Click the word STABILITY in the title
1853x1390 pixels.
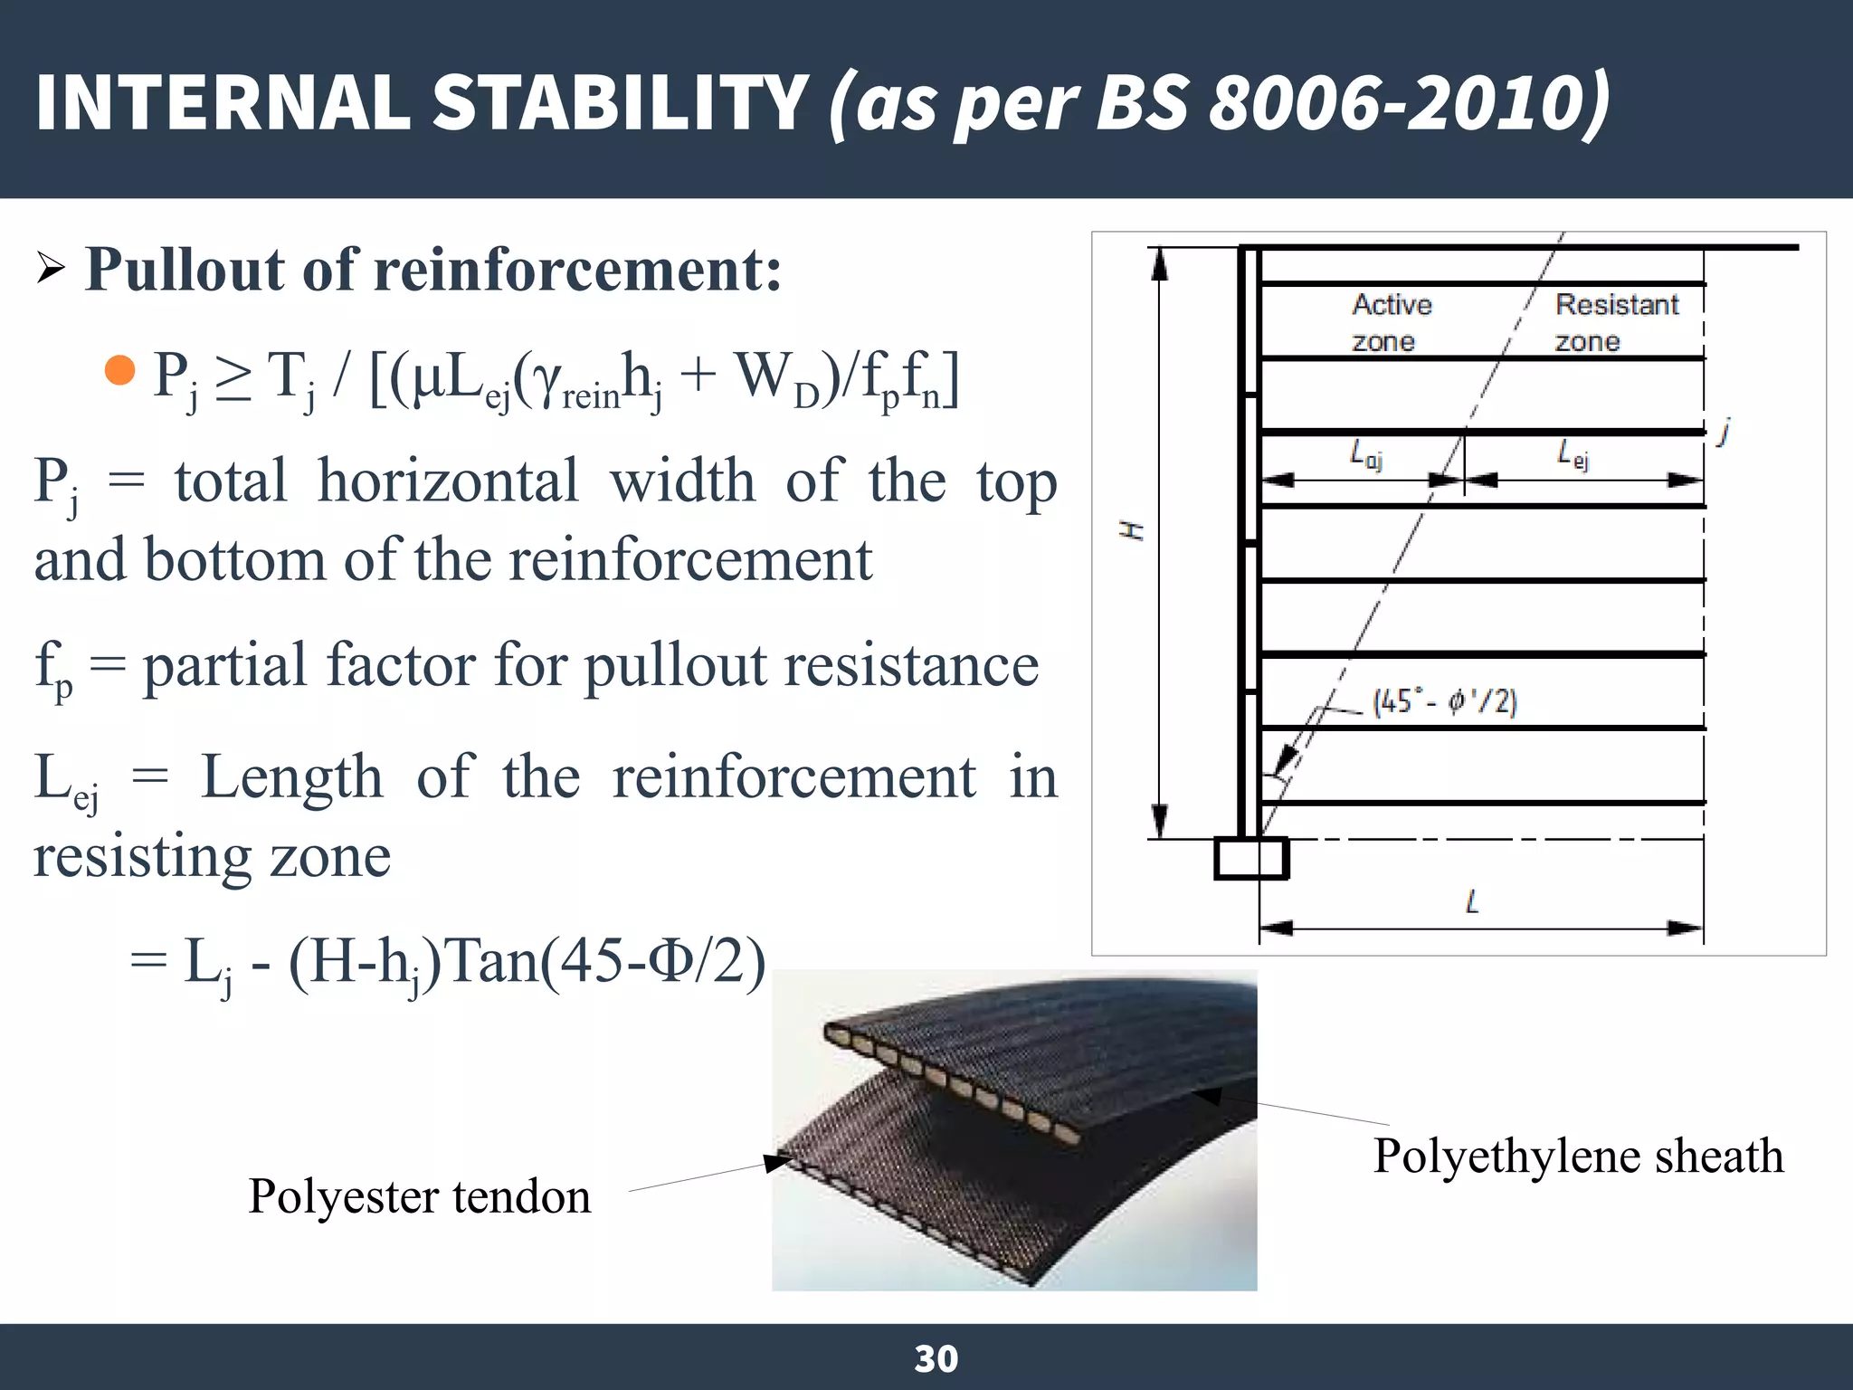pyautogui.click(x=620, y=101)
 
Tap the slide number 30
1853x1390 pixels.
pyautogui.click(x=936, y=1358)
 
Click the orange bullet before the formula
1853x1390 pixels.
pyautogui.click(x=119, y=370)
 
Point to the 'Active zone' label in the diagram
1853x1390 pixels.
pyautogui.click(x=1391, y=322)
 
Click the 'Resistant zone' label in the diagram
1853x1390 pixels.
pyautogui.click(x=1616, y=322)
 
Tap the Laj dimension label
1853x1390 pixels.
pyautogui.click(x=1365, y=454)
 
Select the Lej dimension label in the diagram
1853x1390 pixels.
pyautogui.click(x=1573, y=454)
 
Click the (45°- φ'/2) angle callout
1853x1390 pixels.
pyautogui.click(x=1444, y=701)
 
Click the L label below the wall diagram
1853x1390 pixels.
pyautogui.click(x=1472, y=901)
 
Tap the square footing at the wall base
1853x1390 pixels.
pyautogui.click(x=1250, y=858)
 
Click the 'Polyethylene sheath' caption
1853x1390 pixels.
pyautogui.click(x=1578, y=1156)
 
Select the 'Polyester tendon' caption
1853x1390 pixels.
pyautogui.click(x=420, y=1196)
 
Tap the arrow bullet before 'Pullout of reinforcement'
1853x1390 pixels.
pyautogui.click(x=51, y=269)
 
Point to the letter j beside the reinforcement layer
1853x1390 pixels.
pyautogui.click(x=1725, y=431)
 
